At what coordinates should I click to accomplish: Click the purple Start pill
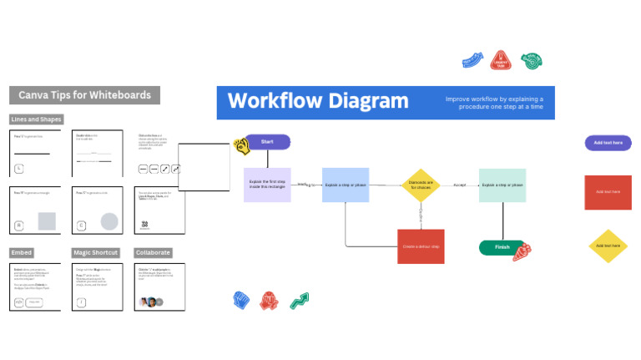point(267,142)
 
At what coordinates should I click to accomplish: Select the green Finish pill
point(502,247)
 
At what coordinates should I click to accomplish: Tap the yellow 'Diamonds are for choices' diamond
point(420,185)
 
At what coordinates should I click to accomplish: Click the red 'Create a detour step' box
point(421,246)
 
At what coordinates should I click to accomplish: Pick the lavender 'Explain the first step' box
point(267,185)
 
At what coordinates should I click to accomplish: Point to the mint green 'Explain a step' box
point(502,185)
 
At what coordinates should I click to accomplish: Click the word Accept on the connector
point(459,185)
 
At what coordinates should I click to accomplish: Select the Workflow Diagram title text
point(318,102)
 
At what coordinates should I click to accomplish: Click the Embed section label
point(22,252)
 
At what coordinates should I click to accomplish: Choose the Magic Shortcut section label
point(96,252)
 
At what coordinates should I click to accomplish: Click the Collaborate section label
point(154,252)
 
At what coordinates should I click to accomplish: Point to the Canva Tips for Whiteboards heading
point(85,95)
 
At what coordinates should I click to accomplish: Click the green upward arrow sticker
point(300,300)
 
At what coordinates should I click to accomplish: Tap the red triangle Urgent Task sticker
point(501,59)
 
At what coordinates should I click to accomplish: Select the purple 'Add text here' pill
point(608,143)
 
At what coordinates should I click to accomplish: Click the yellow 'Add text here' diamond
point(608,246)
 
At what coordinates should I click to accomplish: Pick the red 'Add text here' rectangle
point(608,192)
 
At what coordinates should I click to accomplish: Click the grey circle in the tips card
point(109,221)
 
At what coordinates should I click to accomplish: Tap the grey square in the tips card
point(47,221)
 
